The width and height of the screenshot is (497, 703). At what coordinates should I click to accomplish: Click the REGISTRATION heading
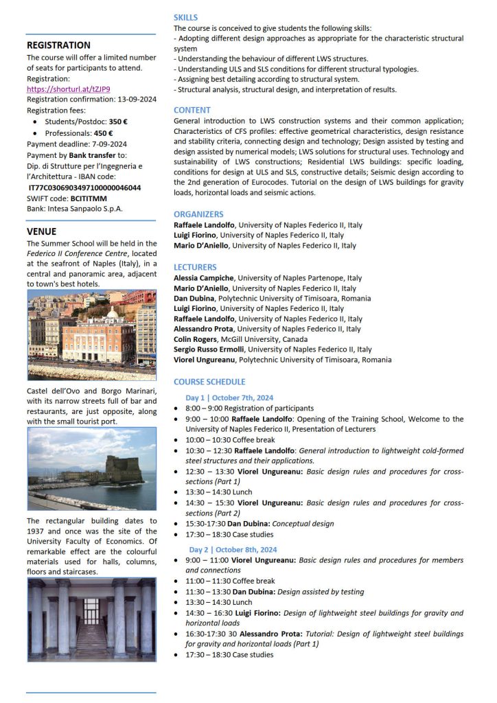58,45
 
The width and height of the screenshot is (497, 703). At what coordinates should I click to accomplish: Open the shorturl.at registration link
68,89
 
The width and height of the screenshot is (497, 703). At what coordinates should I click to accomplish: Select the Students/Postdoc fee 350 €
119,122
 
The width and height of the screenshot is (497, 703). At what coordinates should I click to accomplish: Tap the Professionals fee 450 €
104,132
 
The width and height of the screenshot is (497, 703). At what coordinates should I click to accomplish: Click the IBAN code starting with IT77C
84,187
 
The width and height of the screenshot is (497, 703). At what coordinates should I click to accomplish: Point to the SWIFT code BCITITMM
89,198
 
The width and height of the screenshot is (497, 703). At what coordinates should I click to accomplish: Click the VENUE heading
41,231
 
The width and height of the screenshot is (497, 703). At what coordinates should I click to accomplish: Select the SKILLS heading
185,17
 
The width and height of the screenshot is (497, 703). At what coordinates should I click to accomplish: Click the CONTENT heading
192,110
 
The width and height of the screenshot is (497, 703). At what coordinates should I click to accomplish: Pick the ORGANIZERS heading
198,214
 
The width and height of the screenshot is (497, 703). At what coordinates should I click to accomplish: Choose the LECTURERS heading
195,267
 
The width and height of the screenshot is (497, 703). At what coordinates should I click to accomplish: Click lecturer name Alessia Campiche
203,278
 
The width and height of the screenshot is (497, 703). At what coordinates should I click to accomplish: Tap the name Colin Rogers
195,339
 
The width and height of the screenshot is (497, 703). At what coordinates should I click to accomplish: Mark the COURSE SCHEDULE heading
209,382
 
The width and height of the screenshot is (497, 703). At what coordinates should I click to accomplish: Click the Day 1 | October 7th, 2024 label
229,397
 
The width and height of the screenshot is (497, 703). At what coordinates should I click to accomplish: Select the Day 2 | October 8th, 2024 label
233,549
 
